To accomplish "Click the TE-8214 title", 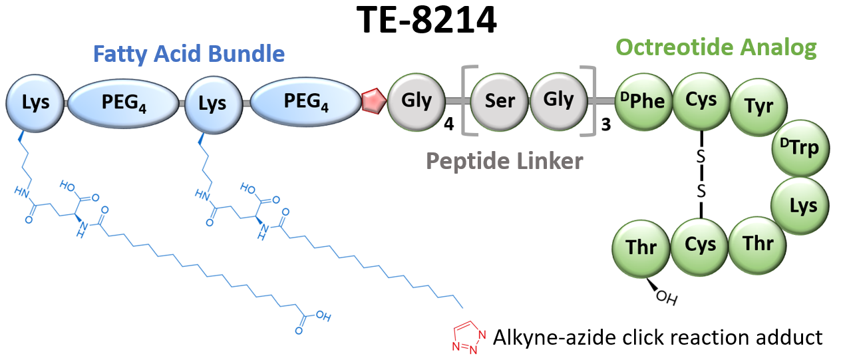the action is click(x=426, y=21).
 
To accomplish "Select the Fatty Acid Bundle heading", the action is click(x=189, y=54).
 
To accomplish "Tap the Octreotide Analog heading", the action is click(x=716, y=48).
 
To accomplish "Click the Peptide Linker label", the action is click(x=504, y=162).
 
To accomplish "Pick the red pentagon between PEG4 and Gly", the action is click(x=374, y=100).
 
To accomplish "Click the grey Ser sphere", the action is click(x=500, y=102).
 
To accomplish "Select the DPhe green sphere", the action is click(x=643, y=102).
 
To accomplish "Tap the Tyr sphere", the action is click(x=759, y=107).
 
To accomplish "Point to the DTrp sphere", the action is click(x=800, y=148).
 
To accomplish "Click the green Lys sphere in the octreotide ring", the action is click(x=800, y=206).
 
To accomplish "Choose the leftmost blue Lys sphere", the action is click(x=35, y=103).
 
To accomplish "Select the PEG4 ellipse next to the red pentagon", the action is click(x=306, y=102).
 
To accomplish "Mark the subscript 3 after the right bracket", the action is click(x=606, y=125).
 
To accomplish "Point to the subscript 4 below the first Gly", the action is click(x=449, y=124).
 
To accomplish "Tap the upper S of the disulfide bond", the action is click(x=701, y=156).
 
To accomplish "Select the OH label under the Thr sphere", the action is click(x=667, y=297).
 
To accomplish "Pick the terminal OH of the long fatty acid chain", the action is click(x=323, y=316).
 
